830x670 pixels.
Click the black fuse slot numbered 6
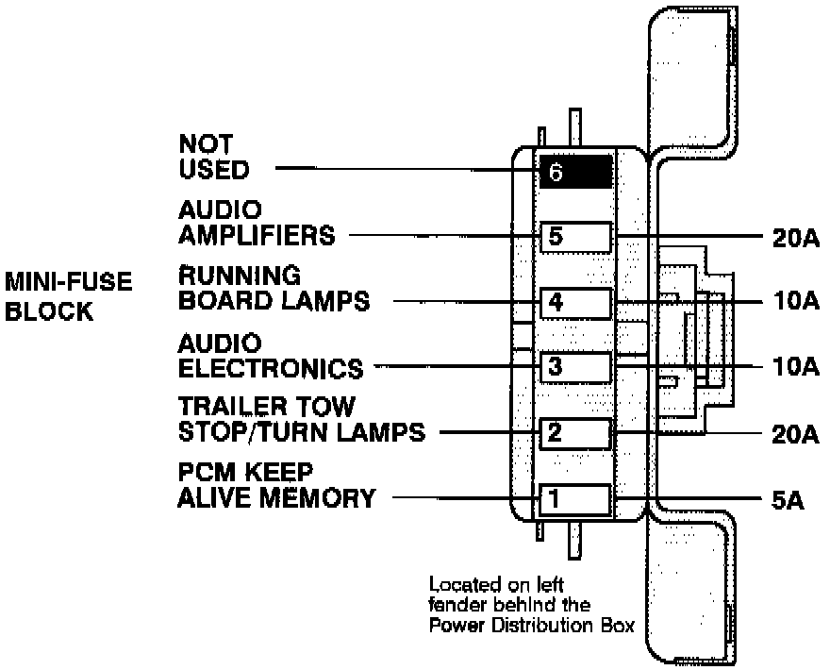575,173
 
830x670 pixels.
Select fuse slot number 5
575,237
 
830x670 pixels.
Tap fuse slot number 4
575,303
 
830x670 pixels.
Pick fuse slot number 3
575,367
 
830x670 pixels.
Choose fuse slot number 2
575,433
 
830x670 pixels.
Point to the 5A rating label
782,500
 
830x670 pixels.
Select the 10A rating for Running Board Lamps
788,303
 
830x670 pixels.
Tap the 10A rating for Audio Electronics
788,367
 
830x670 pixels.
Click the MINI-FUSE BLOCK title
68,295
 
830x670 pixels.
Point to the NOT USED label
214,158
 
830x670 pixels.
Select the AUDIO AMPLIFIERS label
257,222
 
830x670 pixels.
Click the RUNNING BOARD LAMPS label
274,288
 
